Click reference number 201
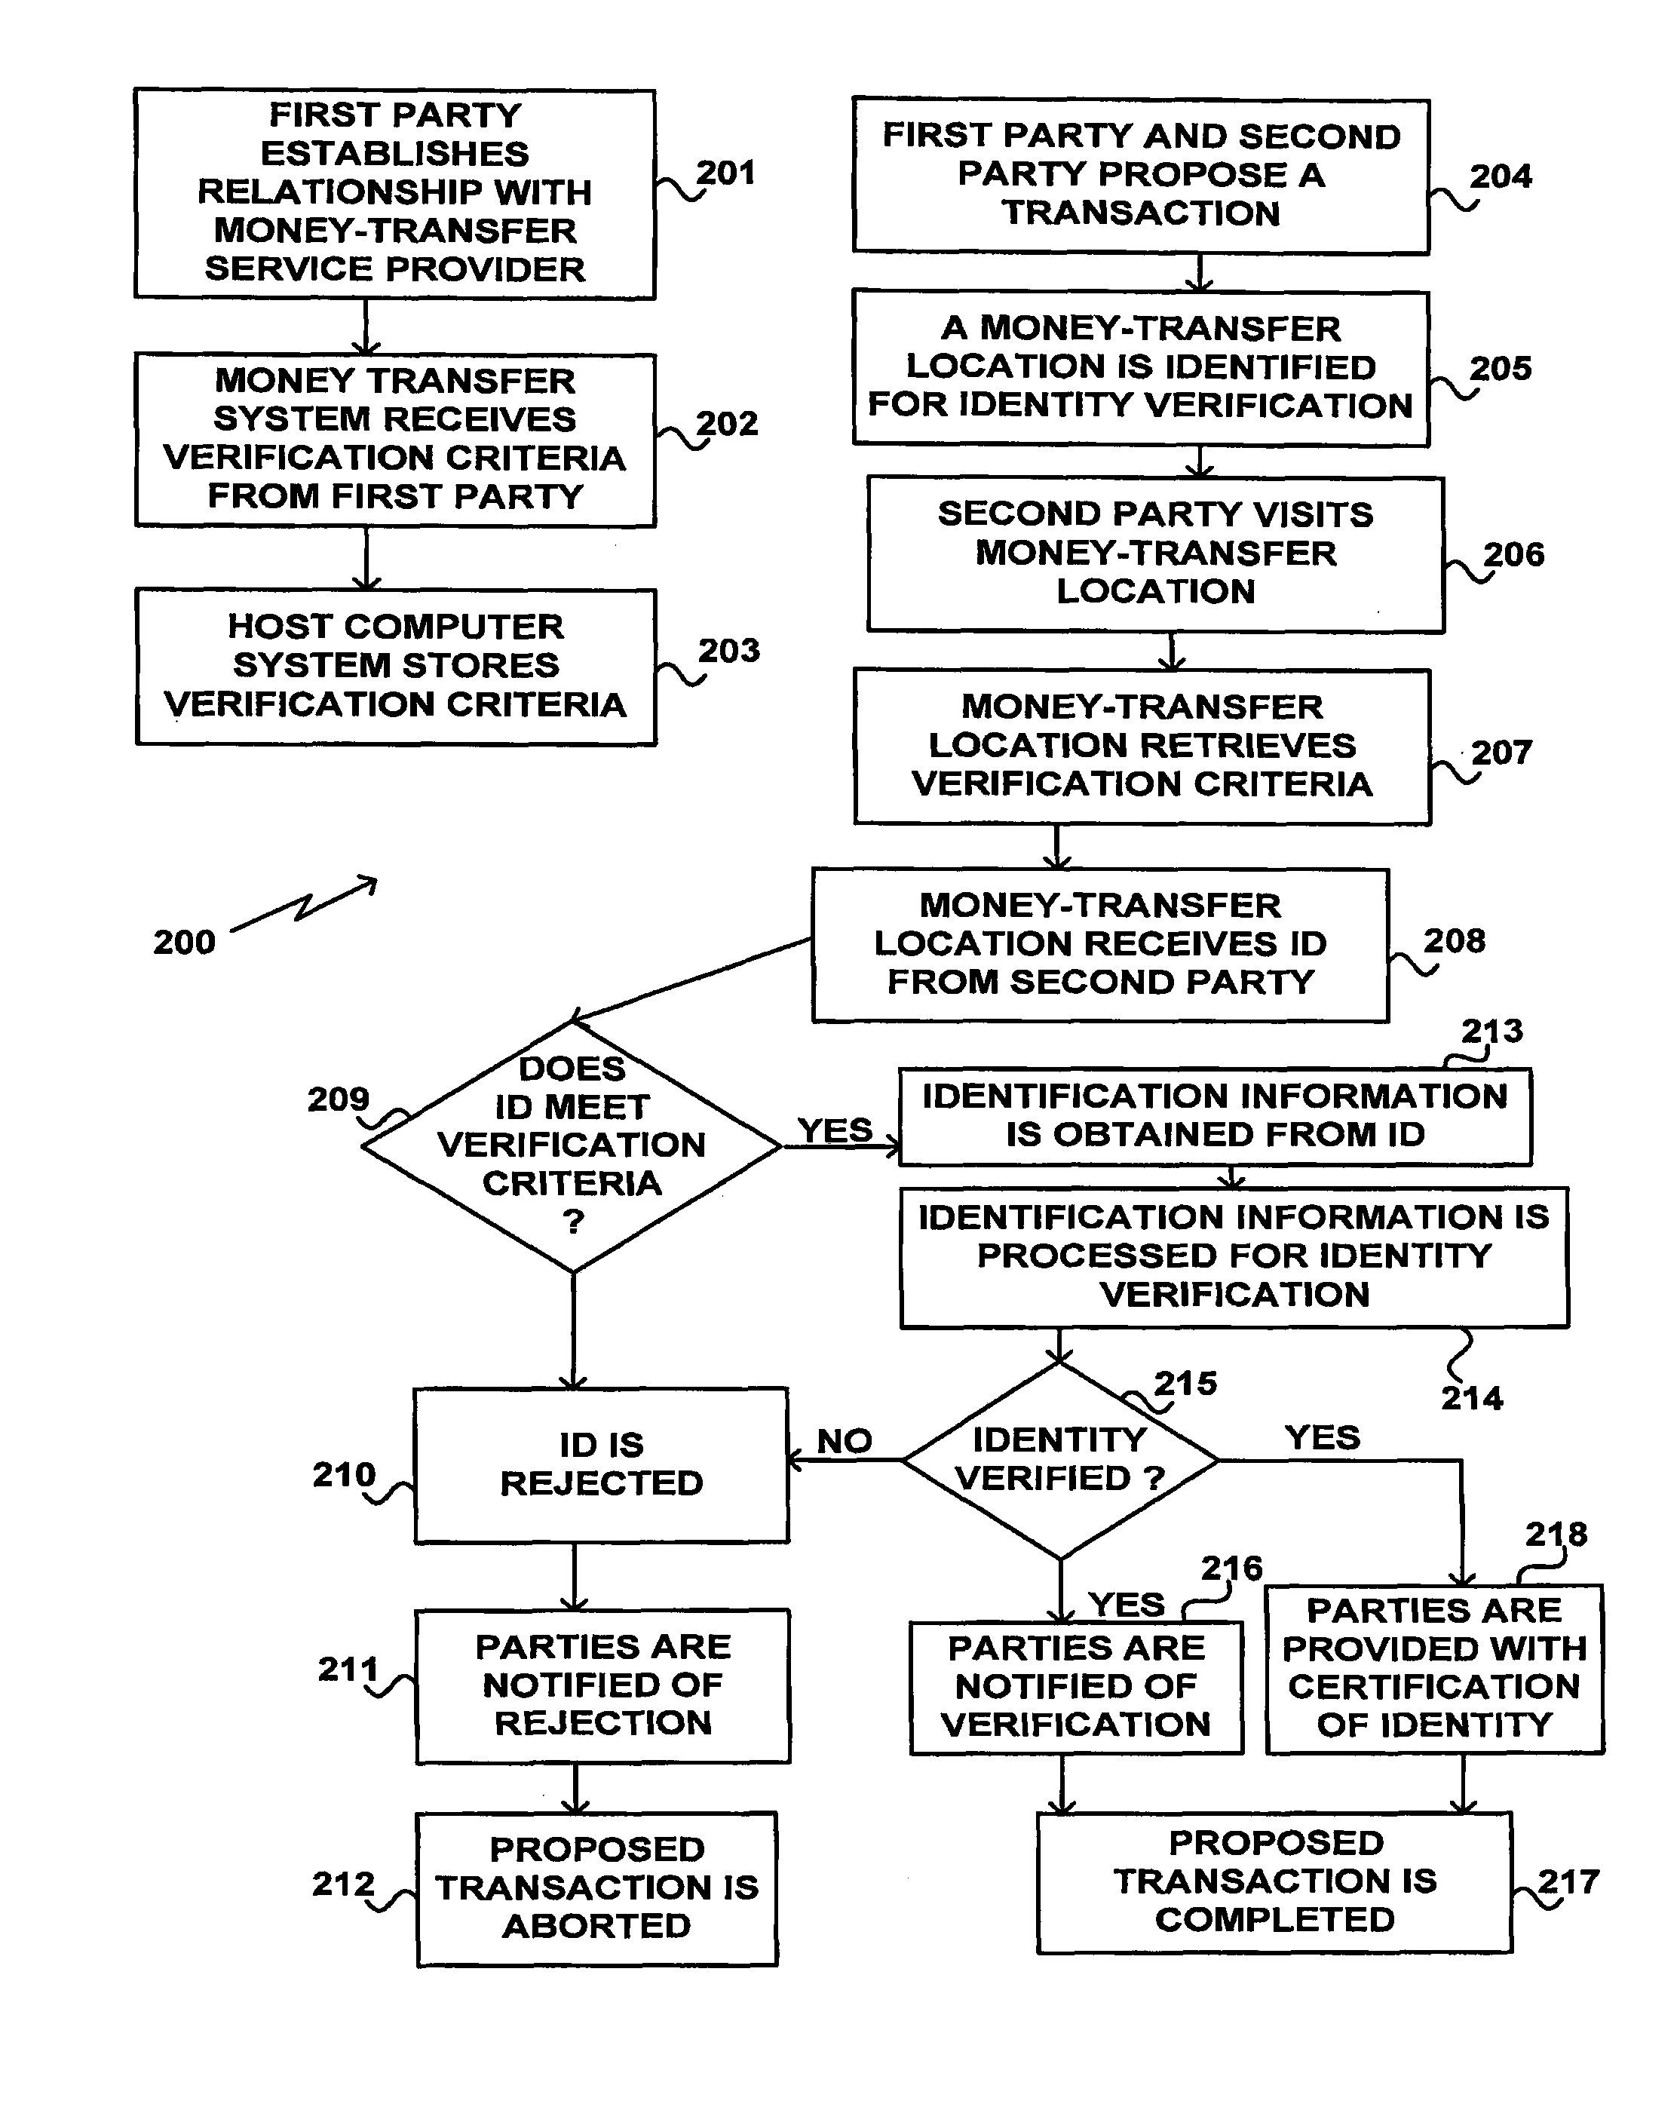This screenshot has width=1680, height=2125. click(726, 173)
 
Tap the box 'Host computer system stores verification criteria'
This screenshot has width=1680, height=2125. click(395, 666)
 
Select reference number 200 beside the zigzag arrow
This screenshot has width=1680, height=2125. click(184, 943)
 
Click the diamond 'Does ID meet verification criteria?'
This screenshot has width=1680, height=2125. click(572, 1146)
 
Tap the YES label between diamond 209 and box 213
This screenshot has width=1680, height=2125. click(834, 1130)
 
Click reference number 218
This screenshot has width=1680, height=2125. click(1556, 1534)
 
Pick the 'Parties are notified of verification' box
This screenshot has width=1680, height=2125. click(1076, 1686)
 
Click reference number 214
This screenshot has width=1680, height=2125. click(1471, 1398)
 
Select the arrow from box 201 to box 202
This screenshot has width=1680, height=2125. click(366, 327)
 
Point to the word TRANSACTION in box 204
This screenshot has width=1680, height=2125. click(1141, 213)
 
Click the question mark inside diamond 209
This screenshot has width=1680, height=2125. click(572, 1222)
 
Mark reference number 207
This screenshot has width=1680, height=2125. click(1501, 753)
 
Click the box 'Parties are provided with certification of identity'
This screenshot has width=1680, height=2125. click(1433, 1667)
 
